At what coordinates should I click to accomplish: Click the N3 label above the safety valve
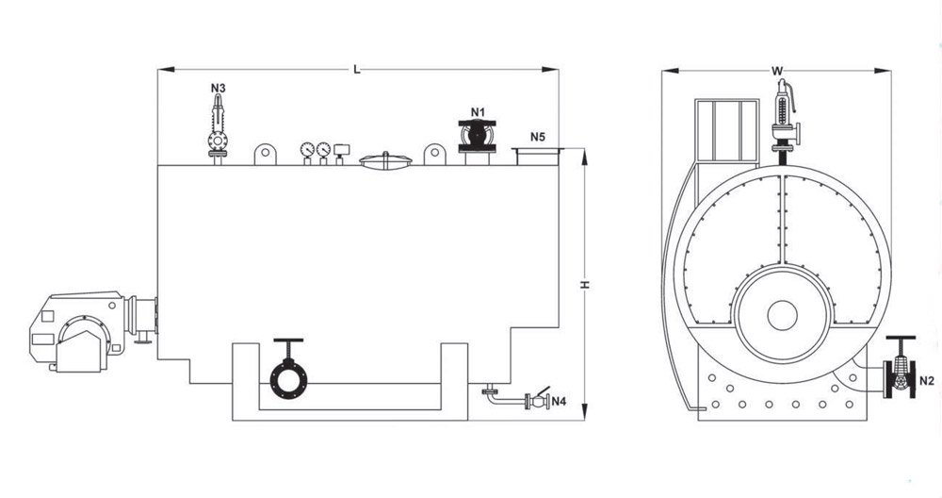219,88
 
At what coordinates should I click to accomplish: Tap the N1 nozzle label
478,112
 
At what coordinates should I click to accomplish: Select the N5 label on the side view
538,137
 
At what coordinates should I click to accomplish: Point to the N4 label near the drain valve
559,401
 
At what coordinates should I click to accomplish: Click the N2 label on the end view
927,380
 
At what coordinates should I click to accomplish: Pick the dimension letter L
357,70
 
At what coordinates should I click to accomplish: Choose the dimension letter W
777,71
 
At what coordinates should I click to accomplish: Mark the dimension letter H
585,284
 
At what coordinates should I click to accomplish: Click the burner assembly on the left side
93,331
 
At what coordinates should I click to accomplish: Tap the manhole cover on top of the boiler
385,160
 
